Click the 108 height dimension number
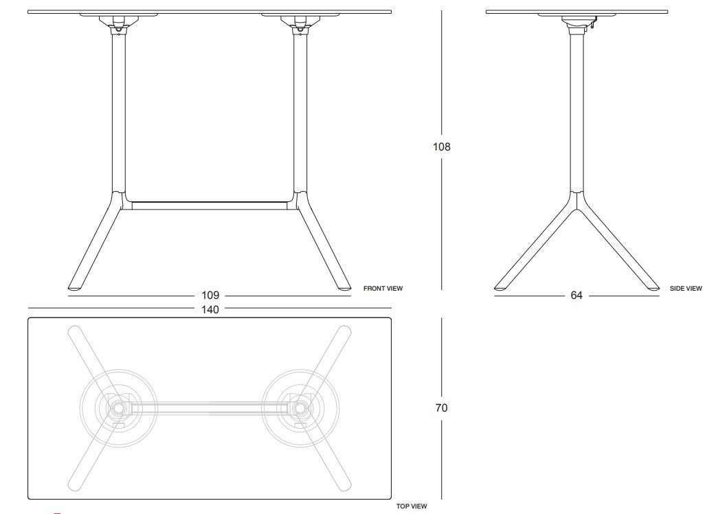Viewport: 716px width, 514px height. pyautogui.click(x=442, y=146)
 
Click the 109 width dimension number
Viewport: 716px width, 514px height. pyautogui.click(x=211, y=295)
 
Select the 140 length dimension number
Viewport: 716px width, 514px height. pyautogui.click(x=211, y=309)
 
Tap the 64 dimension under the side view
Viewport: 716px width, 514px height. pyautogui.click(x=576, y=295)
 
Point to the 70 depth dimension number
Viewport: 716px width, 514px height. pyautogui.click(x=442, y=408)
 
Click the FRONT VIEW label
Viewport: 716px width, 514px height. pyautogui.click(x=383, y=289)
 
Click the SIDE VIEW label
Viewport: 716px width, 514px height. pyautogui.click(x=686, y=289)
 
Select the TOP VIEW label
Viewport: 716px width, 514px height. pyautogui.click(x=411, y=506)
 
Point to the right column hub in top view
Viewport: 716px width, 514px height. pyautogui.click(x=300, y=408)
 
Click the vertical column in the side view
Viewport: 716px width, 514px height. pyautogui.click(x=576, y=110)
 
